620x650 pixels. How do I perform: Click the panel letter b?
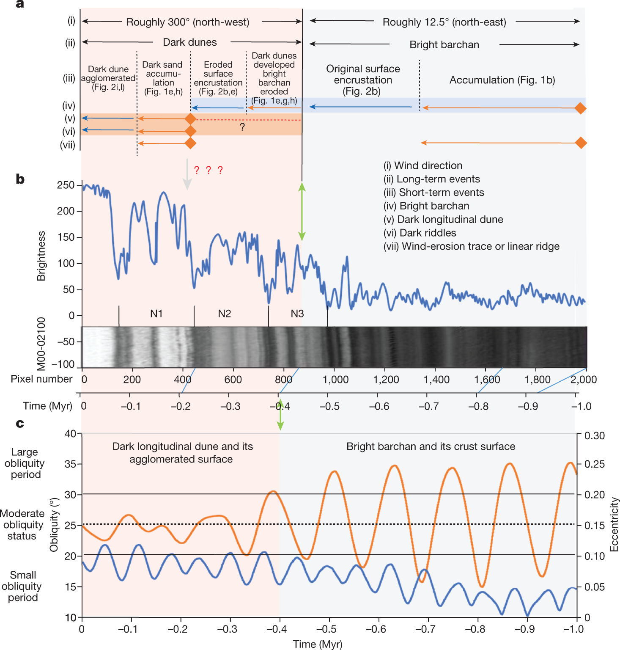(20, 179)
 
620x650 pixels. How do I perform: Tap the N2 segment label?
(224, 314)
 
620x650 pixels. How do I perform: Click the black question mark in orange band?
(242, 127)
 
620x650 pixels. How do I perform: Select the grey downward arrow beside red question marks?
(187, 174)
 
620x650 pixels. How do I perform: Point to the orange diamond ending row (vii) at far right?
(581, 143)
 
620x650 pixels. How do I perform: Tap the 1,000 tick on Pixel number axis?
(335, 380)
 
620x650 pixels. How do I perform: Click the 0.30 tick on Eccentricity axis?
(594, 435)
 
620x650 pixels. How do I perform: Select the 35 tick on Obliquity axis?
(70, 464)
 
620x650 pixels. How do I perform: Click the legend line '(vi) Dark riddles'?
(420, 233)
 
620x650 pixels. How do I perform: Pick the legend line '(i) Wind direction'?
(422, 165)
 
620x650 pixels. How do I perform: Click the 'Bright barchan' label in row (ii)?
(444, 44)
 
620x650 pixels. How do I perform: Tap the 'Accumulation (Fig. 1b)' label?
(502, 80)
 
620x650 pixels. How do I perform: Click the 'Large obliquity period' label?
(25, 463)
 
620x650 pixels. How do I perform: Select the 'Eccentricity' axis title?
(614, 524)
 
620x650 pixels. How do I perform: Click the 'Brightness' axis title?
(41, 256)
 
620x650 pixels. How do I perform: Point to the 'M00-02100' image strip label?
(41, 344)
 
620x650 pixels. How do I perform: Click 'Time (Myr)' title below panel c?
(318, 644)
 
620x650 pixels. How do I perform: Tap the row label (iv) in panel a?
(69, 105)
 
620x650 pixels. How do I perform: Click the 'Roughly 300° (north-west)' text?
(188, 22)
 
